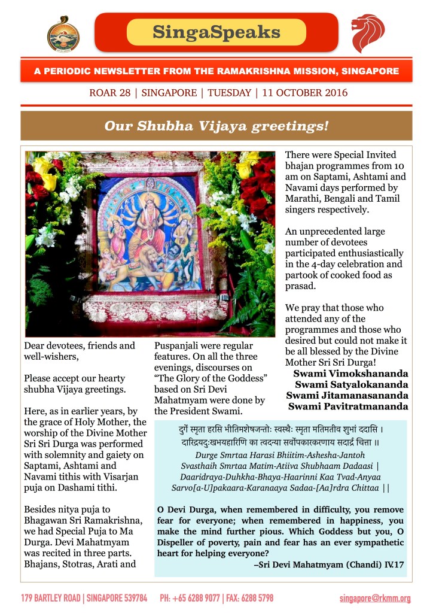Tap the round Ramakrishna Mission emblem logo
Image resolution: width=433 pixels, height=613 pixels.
pos(63,33)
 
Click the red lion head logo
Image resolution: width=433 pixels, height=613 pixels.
pos(367,34)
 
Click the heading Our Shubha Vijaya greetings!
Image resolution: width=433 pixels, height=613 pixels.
pos(216,126)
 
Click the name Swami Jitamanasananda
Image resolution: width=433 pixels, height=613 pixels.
pos(347,395)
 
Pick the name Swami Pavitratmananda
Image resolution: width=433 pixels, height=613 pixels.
pos(349,406)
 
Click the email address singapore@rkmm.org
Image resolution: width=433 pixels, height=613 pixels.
pos(375,598)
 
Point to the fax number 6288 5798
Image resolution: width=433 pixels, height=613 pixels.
pos(258,598)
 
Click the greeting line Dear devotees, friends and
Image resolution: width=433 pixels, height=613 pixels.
pos(80,346)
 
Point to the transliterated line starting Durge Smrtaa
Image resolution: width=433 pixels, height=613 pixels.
pos(280,457)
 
